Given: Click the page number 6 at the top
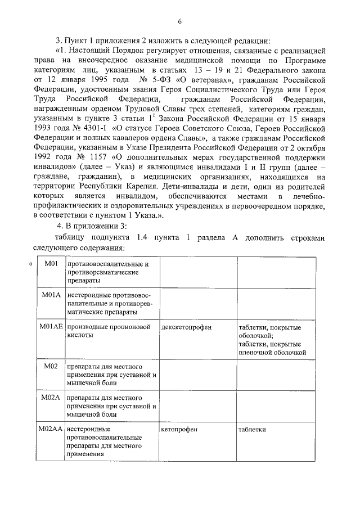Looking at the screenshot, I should (x=179, y=22).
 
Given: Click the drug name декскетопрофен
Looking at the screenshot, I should (x=186, y=327).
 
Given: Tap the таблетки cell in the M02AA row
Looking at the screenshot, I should (x=251, y=429).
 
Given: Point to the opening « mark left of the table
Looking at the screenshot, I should (x=30, y=263).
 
